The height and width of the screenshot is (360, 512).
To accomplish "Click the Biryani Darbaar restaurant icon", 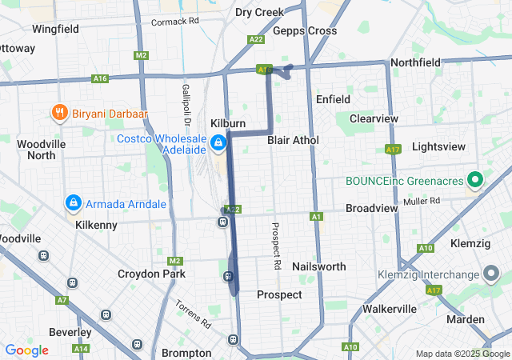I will tap(59, 113).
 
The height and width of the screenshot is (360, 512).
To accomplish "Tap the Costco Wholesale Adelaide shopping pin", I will tap(218, 142).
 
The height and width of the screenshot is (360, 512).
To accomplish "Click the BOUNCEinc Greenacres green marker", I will tap(474, 180).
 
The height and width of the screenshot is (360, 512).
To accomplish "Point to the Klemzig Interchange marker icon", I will tap(490, 274).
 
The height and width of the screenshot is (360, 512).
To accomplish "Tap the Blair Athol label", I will tap(293, 140).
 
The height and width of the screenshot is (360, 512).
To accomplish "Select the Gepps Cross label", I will tap(305, 30).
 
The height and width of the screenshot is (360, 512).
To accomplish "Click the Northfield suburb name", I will tap(415, 62).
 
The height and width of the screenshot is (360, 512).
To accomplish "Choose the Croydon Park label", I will tap(151, 274).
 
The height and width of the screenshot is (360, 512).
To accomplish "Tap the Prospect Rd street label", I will tap(276, 246).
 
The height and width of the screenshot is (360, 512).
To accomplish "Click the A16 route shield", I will tap(100, 78).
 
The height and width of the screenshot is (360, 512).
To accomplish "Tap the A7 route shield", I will tap(62, 300).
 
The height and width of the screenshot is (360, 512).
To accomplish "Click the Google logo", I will tap(27, 350).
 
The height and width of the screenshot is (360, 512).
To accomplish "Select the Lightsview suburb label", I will tap(438, 147).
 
